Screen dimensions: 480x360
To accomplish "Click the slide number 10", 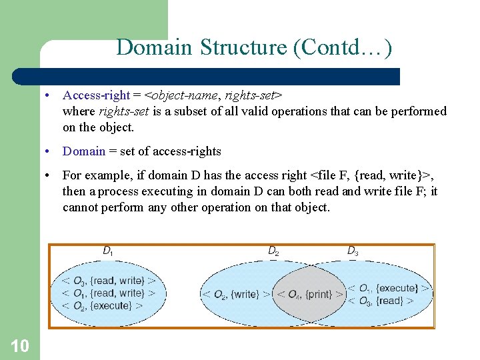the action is click(20, 345).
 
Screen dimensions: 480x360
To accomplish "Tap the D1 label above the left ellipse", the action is click(107, 251).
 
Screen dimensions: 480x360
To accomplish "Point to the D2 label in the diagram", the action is click(274, 251).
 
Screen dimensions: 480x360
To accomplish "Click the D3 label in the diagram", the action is click(353, 251).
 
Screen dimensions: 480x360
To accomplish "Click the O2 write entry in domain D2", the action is click(236, 294).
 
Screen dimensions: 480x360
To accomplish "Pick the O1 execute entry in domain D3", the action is click(390, 288).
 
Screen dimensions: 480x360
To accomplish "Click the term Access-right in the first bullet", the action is click(96, 95).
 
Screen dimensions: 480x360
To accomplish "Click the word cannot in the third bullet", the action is click(81, 207).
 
